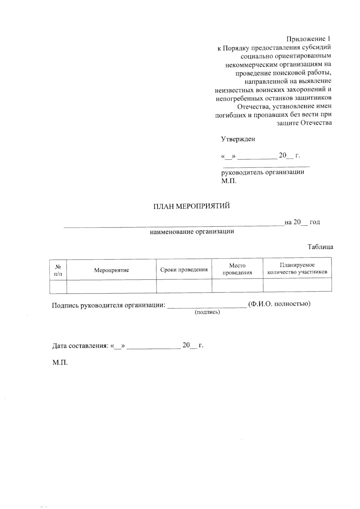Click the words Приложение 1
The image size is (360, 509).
309,39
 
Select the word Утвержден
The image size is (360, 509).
238,139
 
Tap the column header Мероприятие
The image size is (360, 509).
112,270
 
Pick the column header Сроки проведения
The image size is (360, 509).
184,270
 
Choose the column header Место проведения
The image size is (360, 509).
237,269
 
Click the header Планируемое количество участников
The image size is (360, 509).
297,269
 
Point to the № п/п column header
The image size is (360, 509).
58,270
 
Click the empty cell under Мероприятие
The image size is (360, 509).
112,286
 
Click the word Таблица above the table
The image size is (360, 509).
320,247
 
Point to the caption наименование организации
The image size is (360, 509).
192,232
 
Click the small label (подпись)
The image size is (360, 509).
207,312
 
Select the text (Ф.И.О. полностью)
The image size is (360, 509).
279,304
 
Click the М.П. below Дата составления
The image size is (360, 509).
60,363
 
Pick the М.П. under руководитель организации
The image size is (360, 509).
229,181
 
